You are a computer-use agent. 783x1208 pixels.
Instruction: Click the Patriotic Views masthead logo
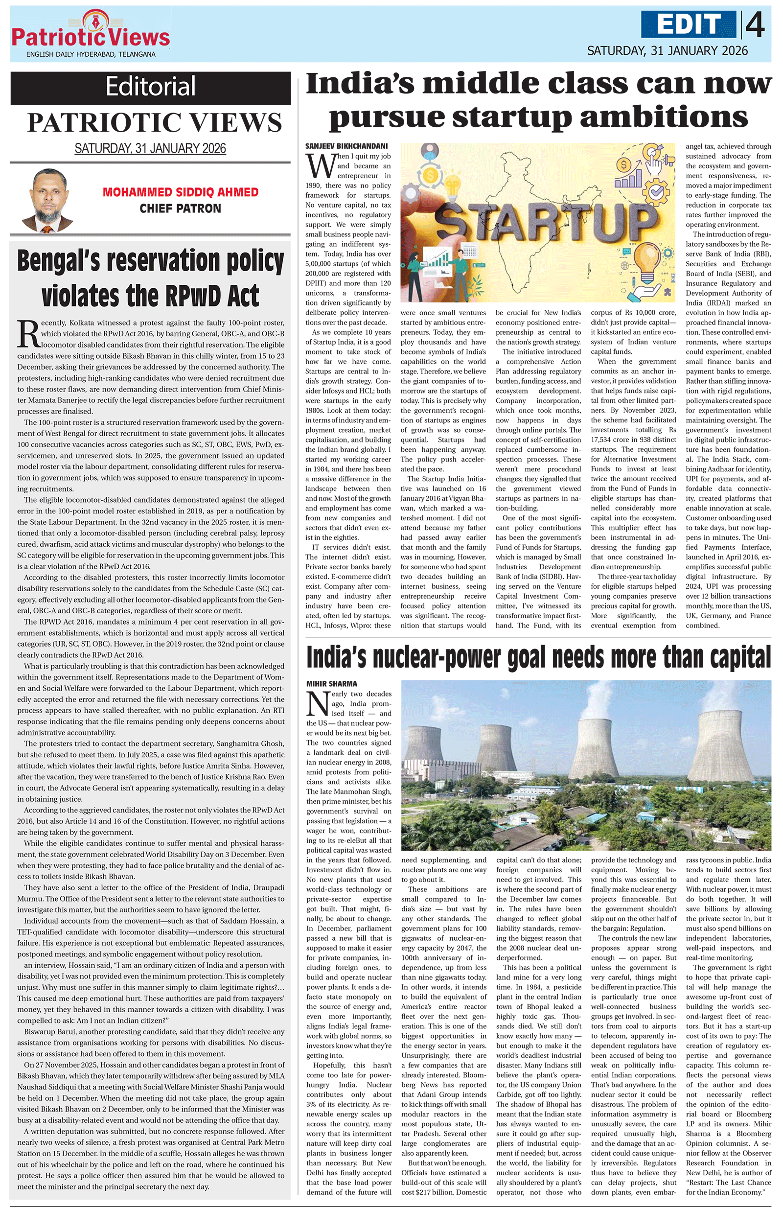point(91,33)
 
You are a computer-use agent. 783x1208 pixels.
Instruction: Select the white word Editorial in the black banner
point(151,86)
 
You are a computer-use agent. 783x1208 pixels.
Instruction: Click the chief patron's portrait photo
point(46,201)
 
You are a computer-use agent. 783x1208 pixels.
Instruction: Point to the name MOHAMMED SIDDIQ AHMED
point(180,192)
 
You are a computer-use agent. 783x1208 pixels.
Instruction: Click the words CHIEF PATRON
point(180,209)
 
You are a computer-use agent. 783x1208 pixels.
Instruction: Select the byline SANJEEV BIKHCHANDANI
point(346,146)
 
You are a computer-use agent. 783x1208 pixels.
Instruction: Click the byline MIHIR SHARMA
point(332,684)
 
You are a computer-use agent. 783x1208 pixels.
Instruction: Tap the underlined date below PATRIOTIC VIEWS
point(150,148)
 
